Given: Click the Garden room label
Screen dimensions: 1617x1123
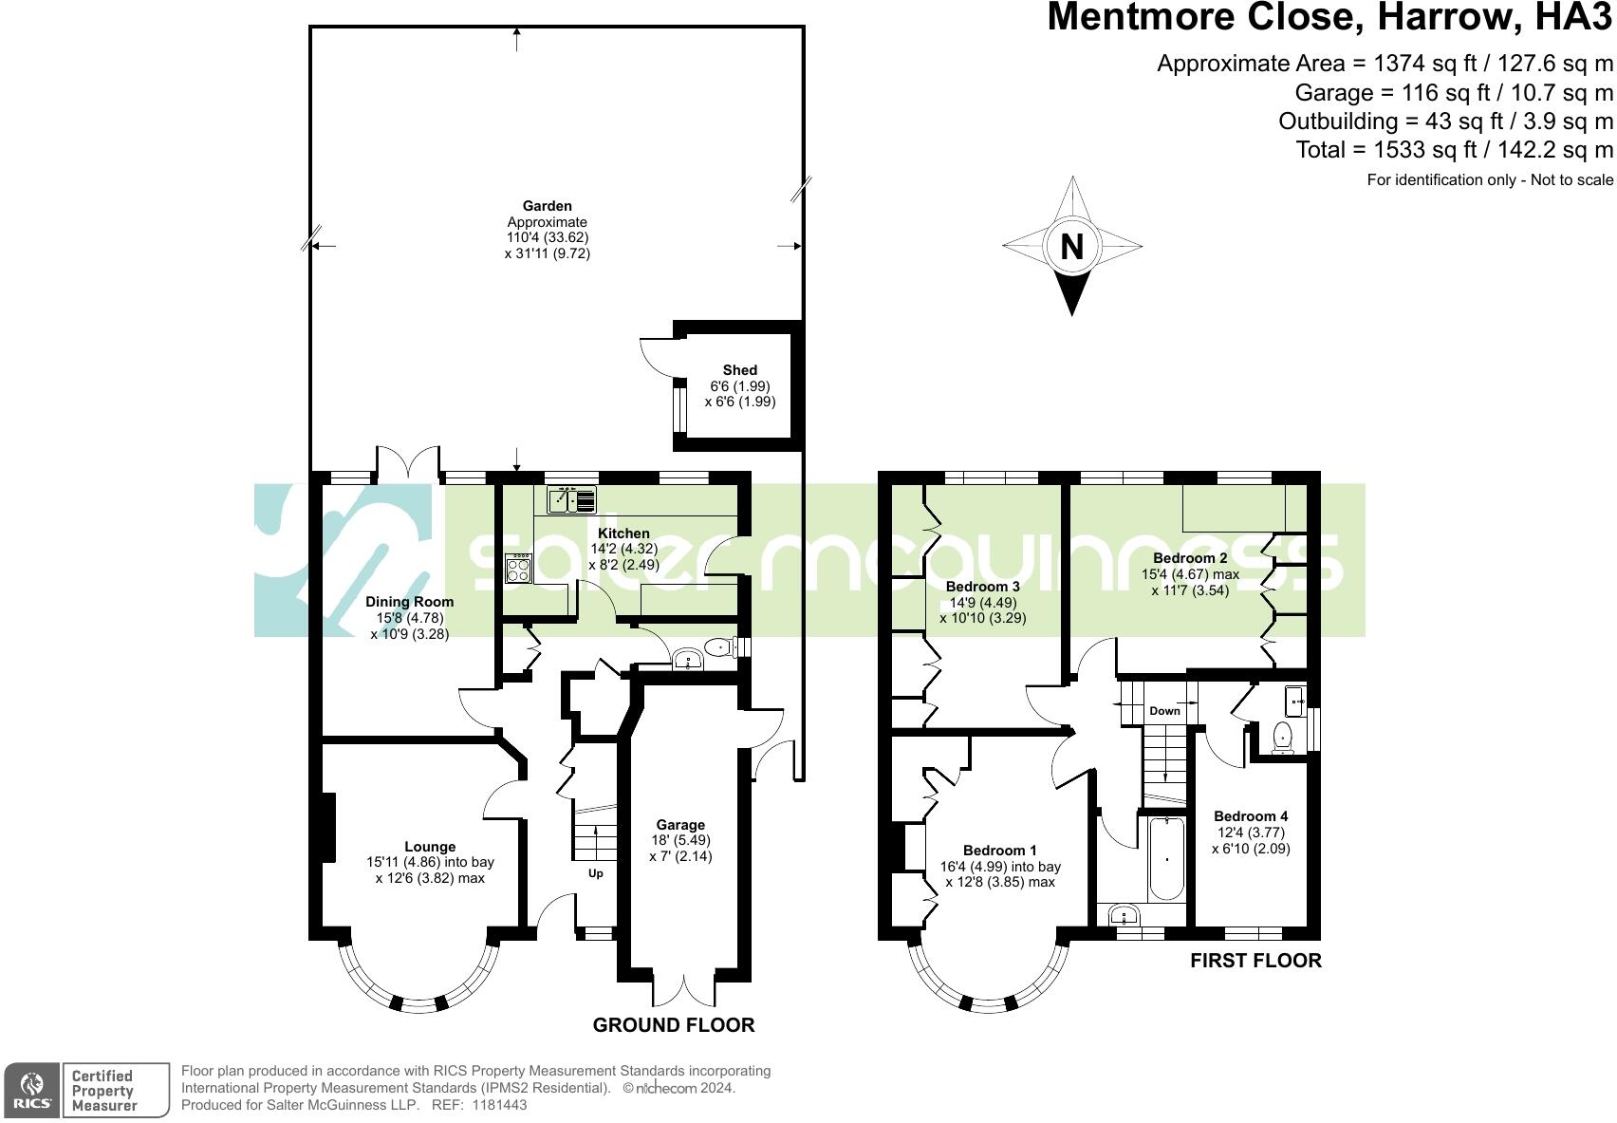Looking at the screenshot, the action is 548,206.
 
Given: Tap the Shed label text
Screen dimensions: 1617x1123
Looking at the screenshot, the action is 740,370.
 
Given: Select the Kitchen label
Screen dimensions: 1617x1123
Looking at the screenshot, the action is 623,533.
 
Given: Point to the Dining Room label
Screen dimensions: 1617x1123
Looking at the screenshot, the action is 410,602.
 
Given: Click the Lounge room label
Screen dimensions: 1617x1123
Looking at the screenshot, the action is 430,847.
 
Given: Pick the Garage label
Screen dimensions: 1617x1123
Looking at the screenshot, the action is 680,825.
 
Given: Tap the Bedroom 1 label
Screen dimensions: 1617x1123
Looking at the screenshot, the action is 1000,851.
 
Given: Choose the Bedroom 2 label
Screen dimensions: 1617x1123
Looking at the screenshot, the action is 1190,558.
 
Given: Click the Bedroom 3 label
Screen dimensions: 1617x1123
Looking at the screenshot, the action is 983,587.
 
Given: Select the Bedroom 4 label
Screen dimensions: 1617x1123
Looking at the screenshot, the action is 1251,816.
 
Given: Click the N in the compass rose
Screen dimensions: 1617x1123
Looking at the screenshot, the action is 1071,247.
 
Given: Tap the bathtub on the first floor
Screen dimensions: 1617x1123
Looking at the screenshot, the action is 1166,859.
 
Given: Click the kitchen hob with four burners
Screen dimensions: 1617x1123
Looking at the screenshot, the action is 519,569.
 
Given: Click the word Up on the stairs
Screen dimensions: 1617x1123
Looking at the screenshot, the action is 596,873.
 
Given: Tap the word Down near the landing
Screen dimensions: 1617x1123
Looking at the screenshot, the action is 1164,711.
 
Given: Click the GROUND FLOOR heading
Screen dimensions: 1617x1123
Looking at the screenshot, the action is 674,1025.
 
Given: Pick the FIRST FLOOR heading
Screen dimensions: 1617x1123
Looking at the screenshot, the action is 1255,961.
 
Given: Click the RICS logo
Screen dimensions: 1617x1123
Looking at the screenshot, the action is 32,1090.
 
